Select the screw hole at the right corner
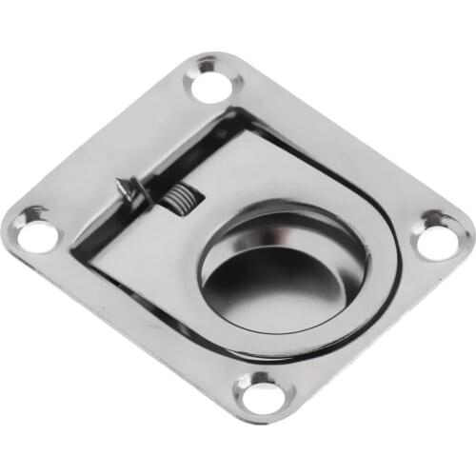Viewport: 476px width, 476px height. tap(437, 239)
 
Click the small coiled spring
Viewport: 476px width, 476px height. tap(177, 201)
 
